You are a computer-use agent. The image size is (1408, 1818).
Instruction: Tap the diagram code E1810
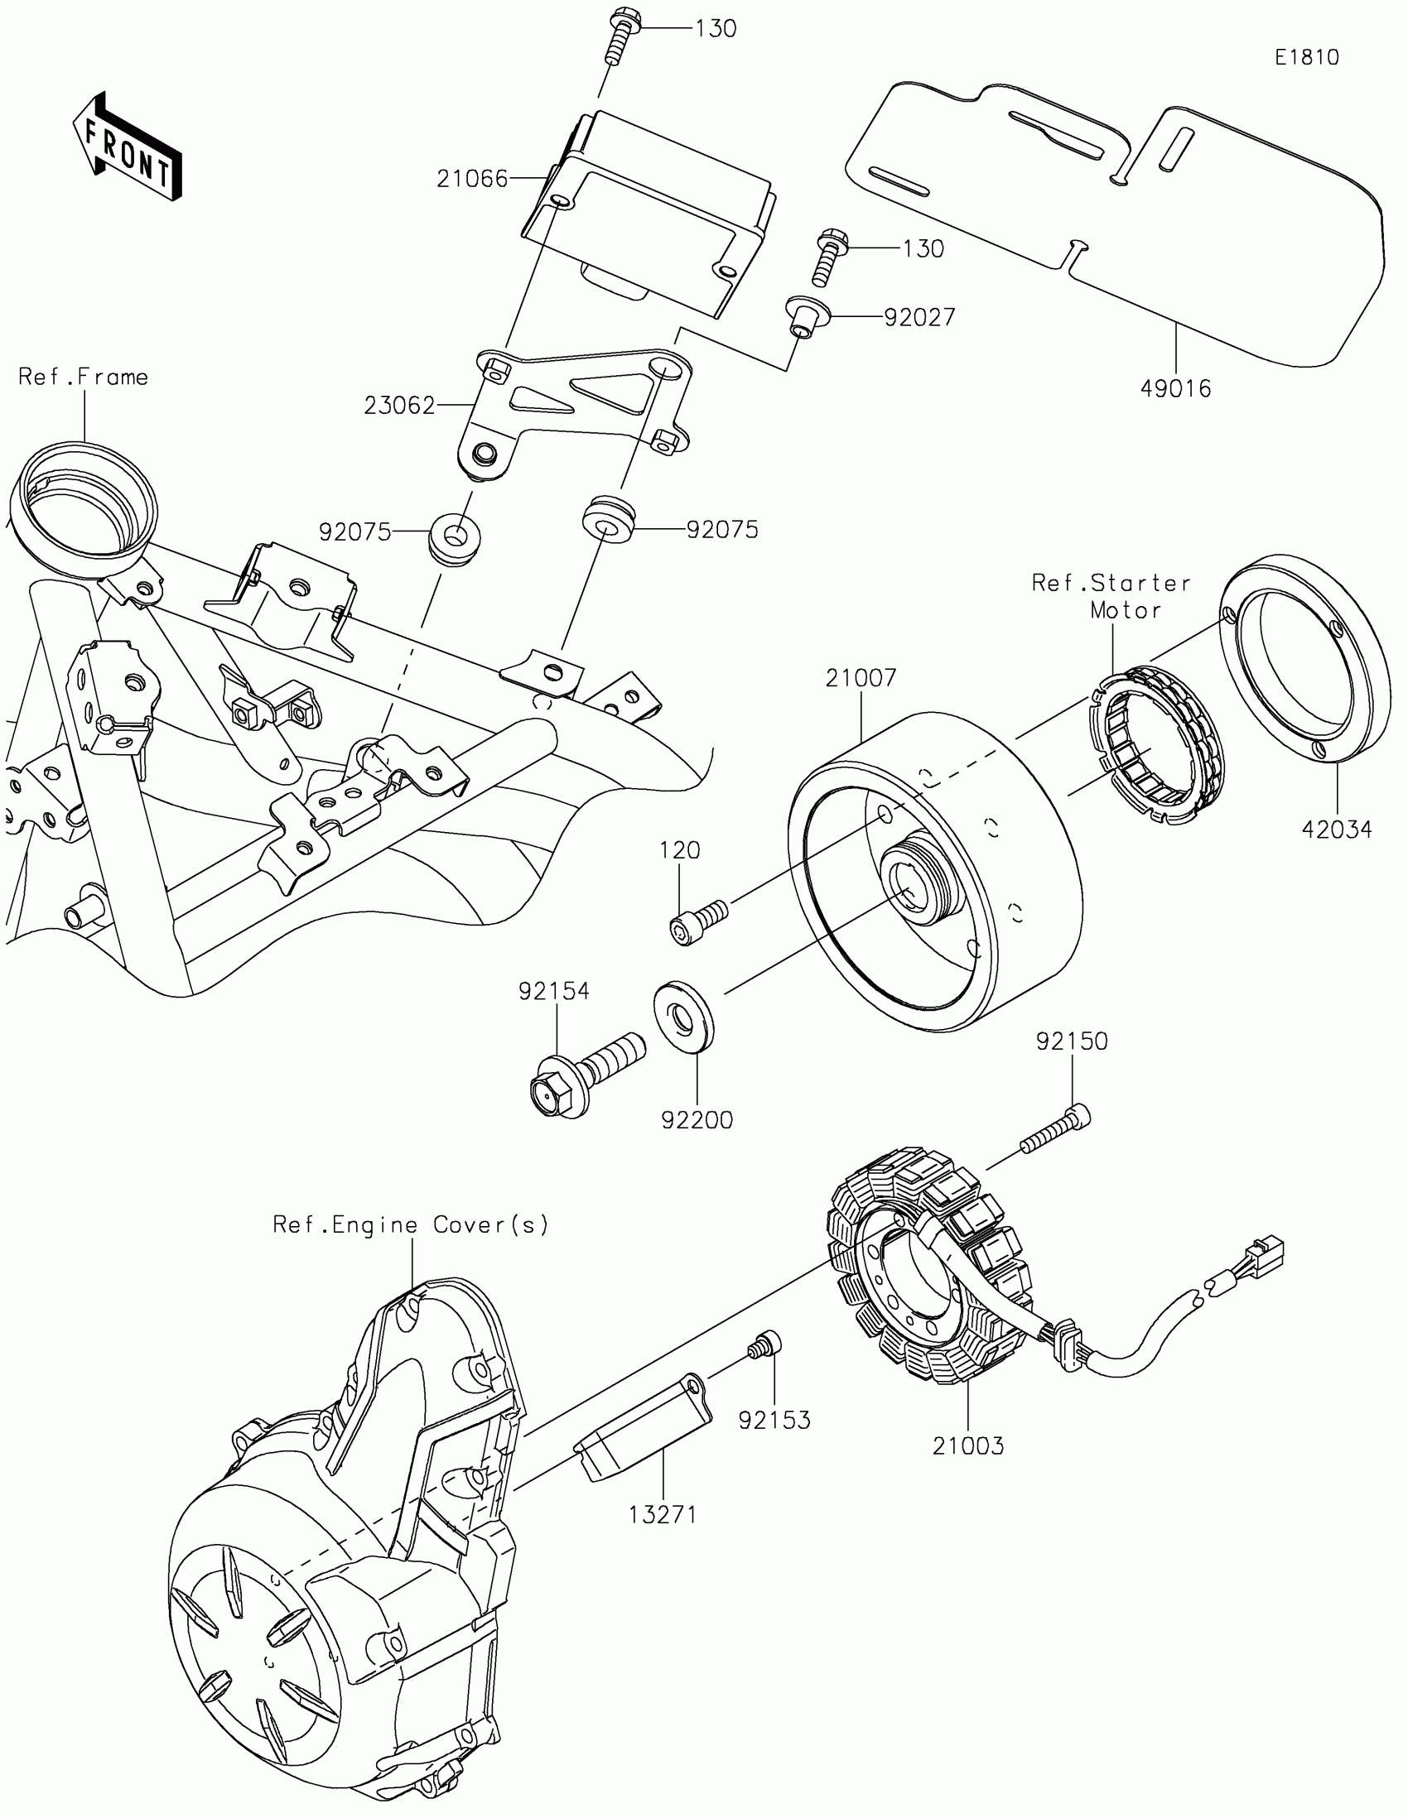click(1306, 57)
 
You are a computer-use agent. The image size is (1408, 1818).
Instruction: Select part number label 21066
click(472, 179)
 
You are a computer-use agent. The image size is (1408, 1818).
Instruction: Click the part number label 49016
click(1175, 388)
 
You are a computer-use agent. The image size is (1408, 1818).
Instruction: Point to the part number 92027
click(919, 317)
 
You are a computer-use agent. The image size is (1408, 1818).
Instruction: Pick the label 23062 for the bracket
click(400, 406)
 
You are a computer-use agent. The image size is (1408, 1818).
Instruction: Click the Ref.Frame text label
click(84, 377)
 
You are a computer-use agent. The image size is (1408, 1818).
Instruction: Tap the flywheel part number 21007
click(861, 677)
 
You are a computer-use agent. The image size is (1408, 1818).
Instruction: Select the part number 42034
click(1337, 829)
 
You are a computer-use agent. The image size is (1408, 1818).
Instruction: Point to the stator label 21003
click(967, 1446)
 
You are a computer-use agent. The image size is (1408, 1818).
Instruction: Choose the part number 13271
click(662, 1514)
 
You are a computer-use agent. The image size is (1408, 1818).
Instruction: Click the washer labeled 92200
click(683, 1019)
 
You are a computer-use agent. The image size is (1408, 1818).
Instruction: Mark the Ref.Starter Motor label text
click(1111, 596)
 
